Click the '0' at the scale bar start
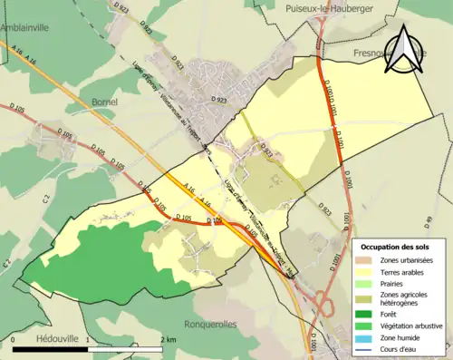(x=14, y=339)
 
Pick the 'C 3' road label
(x=5, y=263)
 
